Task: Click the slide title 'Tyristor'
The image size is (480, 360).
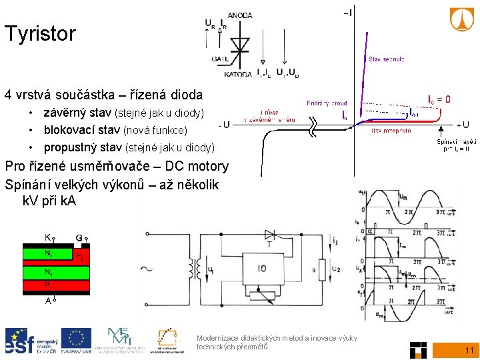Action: click(x=40, y=34)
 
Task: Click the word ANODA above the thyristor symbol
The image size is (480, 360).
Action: click(x=240, y=15)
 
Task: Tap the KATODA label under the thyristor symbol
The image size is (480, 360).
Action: click(x=238, y=74)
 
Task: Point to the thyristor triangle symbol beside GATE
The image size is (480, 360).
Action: click(x=240, y=43)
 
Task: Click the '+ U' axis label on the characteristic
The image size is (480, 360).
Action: click(x=462, y=125)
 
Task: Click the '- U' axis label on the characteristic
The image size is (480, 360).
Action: click(x=223, y=125)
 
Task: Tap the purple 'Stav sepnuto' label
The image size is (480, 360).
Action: click(x=386, y=59)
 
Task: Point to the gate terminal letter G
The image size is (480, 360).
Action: click(x=79, y=236)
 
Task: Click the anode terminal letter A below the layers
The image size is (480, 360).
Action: click(x=48, y=300)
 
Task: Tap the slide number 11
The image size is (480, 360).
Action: click(x=469, y=350)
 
